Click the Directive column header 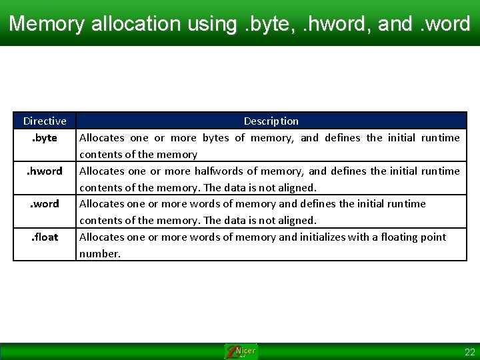[45, 121]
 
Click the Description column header [271, 121]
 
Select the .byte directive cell [45, 138]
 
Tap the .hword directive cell [45, 171]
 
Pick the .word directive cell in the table [45, 203]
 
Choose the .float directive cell [45, 237]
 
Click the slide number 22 [469, 352]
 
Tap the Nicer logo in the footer [241, 351]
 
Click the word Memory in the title [47, 24]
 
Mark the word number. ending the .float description [100, 253]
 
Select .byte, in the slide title [263, 24]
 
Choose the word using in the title [211, 24]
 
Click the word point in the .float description [432, 237]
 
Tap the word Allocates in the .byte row [102, 138]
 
